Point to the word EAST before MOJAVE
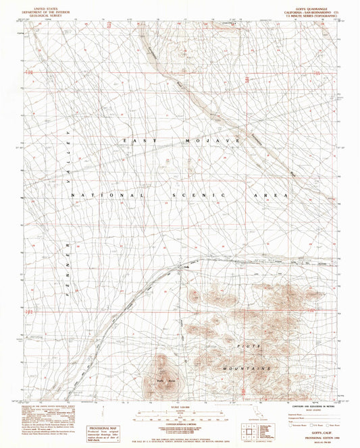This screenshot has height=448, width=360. coord(140,140)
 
